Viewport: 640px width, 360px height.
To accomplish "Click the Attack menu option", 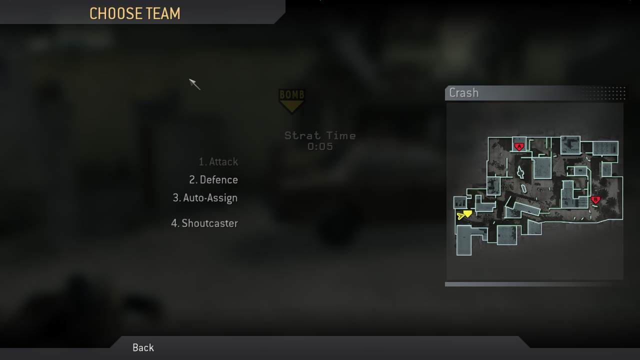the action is (218, 161).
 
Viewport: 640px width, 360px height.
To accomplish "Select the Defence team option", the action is (213, 179).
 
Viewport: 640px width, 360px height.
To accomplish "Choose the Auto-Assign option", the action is (205, 198).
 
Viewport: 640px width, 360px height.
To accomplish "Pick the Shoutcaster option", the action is (204, 223).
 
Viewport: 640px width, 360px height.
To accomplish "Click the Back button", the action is (143, 347).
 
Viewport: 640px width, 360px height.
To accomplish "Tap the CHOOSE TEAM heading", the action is (135, 13).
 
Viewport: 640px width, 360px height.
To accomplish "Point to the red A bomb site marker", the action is (519, 147).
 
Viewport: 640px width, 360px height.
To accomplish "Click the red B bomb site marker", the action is (595, 199).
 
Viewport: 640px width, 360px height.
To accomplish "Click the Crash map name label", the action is (463, 93).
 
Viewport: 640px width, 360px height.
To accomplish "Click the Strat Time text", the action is (320, 135).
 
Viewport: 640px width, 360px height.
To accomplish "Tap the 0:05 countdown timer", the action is (320, 146).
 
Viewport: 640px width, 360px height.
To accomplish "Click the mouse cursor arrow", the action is (194, 84).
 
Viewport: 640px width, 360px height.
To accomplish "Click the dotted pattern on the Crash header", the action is (605, 93).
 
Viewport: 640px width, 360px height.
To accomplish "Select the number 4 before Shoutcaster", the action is (174, 223).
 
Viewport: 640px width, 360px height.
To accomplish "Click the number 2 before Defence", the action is (192, 179).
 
